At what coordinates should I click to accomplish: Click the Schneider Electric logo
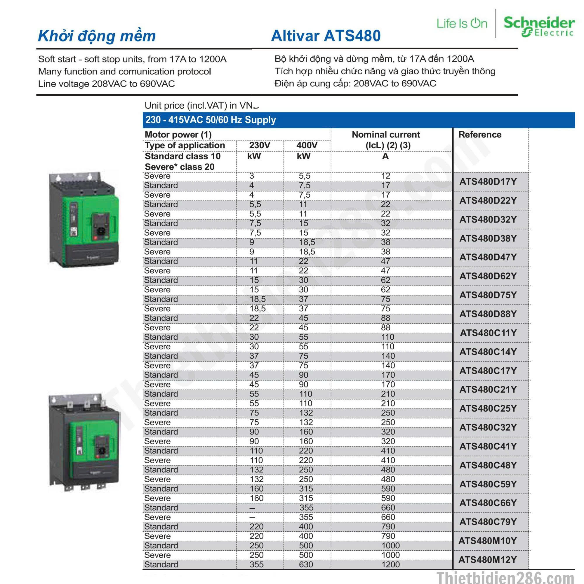pos(539,26)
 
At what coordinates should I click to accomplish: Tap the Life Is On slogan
pos(462,24)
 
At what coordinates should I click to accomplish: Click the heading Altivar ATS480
pos(326,36)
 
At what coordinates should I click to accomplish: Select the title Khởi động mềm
pos(97,36)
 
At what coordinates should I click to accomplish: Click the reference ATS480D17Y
pos(488,182)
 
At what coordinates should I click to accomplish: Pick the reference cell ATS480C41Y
pos(488,446)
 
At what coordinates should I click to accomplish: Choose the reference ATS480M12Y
pos(487,559)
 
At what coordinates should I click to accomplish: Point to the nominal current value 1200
pos(390,564)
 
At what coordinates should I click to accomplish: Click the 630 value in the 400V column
pos(306,564)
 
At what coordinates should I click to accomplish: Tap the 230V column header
pos(260,145)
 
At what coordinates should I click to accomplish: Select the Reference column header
pos(480,135)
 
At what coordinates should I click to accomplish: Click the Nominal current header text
pos(386,135)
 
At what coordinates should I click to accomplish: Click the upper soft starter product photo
pos(84,220)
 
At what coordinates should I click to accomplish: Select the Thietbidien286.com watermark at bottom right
pos(505,577)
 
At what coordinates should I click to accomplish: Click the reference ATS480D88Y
pos(488,314)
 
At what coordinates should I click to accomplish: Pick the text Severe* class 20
pos(180,167)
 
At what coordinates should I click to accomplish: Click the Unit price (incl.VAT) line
pos(201,105)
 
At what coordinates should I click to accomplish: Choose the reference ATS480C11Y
pos(488,333)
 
